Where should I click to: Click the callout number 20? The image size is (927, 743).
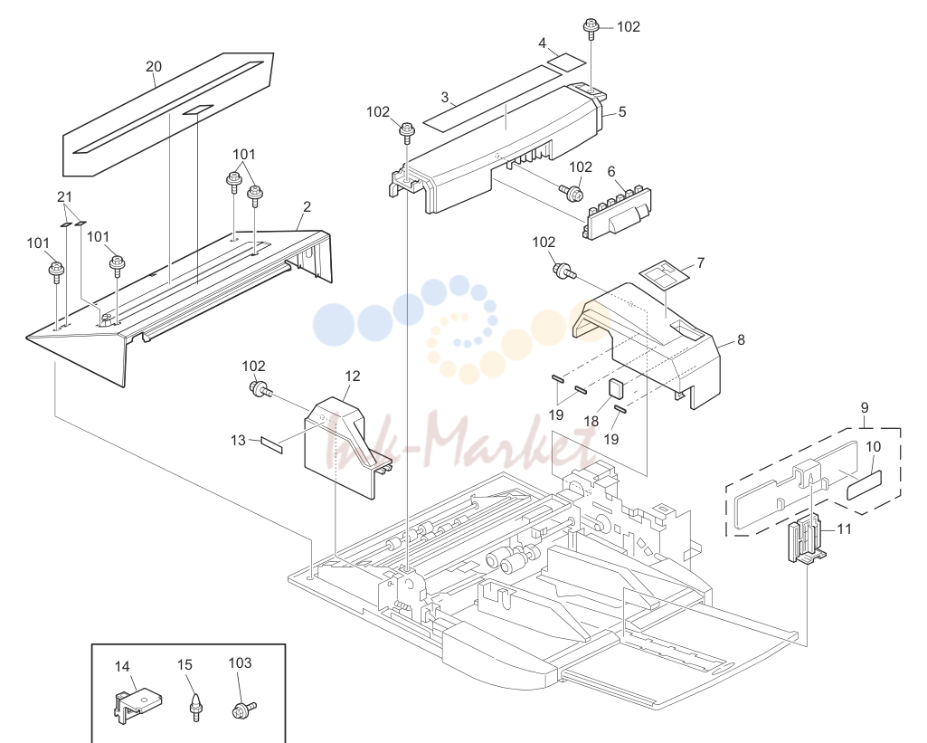point(154,66)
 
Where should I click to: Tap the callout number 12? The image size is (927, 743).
point(353,376)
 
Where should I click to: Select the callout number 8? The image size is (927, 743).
point(741,339)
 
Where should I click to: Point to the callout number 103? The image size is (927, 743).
point(240,662)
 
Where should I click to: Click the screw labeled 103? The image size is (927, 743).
point(243,709)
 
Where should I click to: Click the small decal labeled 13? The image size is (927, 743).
point(272,445)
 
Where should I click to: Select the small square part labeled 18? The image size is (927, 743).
point(616,390)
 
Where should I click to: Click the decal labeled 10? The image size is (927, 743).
point(864,485)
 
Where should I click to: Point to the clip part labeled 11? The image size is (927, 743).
point(806,539)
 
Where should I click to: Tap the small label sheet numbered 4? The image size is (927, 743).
point(566,62)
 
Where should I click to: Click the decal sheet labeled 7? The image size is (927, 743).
point(665,273)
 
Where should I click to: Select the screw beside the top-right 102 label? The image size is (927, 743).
point(590,30)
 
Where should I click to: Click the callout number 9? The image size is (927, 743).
point(865,407)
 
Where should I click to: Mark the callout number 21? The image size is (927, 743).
point(64,197)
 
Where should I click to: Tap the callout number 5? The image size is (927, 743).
point(622,112)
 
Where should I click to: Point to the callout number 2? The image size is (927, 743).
point(307,207)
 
